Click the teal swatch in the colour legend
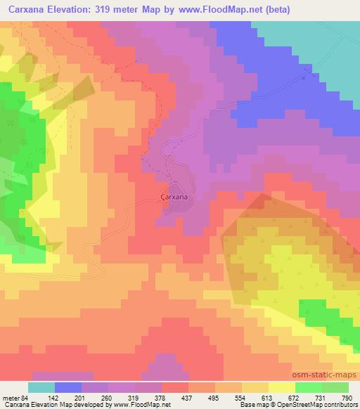(41, 388)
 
